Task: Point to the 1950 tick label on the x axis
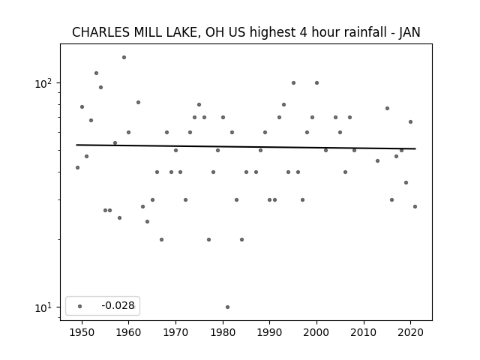coord(82,332)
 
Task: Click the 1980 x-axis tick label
coord(223,332)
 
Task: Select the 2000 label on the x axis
coord(316,332)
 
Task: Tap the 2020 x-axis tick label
coord(410,332)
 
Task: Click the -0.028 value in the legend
coord(118,305)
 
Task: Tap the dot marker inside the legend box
coord(80,306)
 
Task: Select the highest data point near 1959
coord(124,57)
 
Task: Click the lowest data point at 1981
coord(227,307)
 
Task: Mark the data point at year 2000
coord(316,83)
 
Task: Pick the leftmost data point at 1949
coord(77,167)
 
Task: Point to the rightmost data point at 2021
coord(415,207)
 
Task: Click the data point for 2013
coord(377,160)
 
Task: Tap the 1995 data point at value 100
coord(293,83)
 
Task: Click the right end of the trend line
coord(415,148)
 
